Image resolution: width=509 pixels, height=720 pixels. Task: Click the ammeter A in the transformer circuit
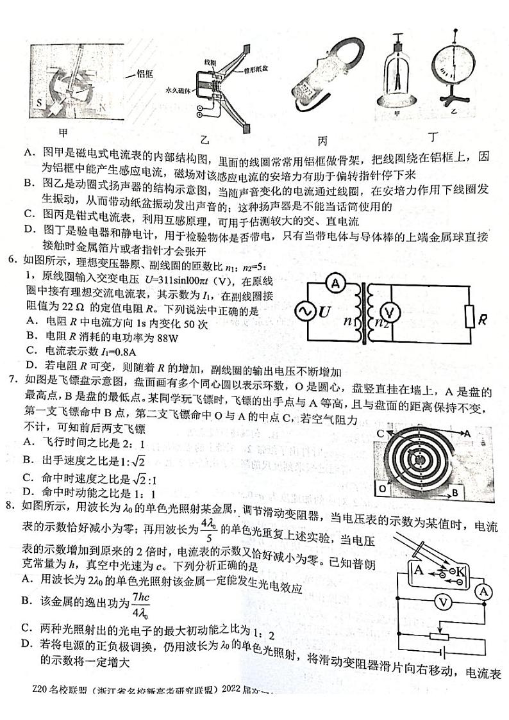(x=333, y=282)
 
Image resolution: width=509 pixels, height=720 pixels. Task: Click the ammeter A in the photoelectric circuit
(x=483, y=592)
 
